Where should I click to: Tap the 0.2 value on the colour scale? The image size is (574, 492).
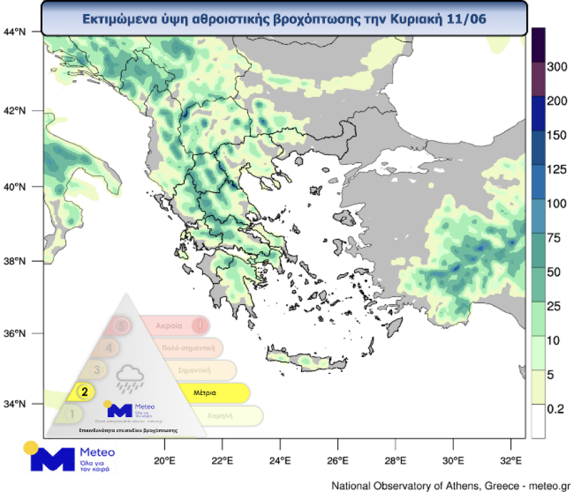pos(554,409)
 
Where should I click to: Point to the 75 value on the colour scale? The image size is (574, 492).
pos(554,238)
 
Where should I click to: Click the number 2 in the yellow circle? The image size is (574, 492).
pos(84,392)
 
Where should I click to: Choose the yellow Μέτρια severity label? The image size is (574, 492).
pos(205,393)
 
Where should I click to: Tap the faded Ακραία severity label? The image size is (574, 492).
pos(171,325)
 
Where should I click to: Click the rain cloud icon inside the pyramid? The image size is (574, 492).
pos(130,378)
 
